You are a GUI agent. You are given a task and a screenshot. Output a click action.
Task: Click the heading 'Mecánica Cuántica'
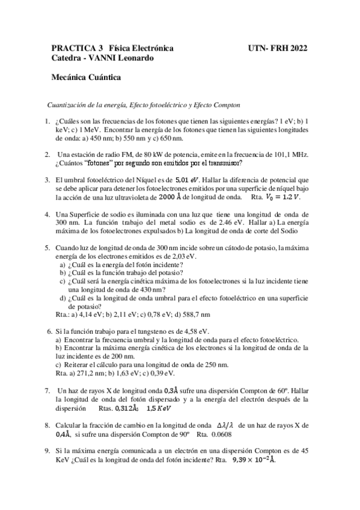point(87,77)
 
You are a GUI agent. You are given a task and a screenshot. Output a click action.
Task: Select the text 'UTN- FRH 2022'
point(277,48)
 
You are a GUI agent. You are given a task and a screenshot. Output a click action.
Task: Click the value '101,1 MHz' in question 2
point(290,154)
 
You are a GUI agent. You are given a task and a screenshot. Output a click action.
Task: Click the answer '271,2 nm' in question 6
point(91,373)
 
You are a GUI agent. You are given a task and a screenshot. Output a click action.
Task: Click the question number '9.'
point(47,450)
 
